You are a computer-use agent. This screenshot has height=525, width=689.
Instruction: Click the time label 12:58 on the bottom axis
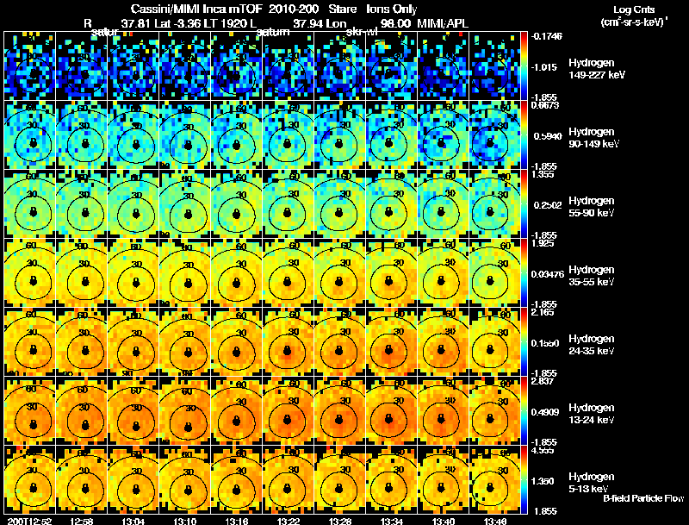(82, 520)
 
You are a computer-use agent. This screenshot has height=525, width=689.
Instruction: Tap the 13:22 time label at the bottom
(289, 520)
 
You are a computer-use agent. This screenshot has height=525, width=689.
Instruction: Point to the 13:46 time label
(495, 520)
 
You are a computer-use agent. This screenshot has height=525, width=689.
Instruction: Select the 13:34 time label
(392, 520)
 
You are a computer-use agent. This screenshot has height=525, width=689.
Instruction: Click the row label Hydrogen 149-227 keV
(596, 69)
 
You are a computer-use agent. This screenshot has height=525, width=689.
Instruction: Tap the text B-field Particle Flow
(642, 498)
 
